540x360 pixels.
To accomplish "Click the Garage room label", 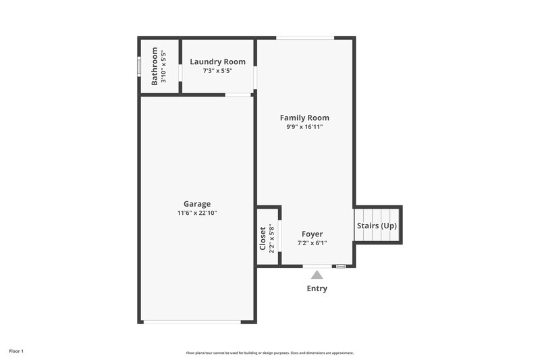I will tap(197, 204).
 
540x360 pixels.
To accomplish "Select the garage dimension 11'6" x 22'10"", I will tap(197, 213).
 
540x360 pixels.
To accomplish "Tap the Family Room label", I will tap(304, 118).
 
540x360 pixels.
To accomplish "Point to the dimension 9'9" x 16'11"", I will tap(304, 127).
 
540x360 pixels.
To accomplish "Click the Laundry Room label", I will tap(217, 61).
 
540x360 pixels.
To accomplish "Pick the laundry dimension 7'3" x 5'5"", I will tap(217, 70).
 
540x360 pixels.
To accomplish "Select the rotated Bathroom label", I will tap(155, 66).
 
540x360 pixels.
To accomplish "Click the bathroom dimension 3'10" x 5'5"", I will tap(164, 66).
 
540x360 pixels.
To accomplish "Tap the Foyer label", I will tap(312, 234).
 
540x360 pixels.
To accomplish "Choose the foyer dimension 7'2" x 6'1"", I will tap(312, 243).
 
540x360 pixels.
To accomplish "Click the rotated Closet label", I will tap(263, 238).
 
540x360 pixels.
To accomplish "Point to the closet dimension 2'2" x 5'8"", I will tap(271, 238).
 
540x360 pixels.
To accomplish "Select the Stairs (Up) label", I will tap(375, 226).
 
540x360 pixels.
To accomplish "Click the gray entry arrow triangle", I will tap(317, 275).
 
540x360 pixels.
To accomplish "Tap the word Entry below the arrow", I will tap(317, 288).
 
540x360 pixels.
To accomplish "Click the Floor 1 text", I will tap(16, 351).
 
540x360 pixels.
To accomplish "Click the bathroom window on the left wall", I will tap(139, 66).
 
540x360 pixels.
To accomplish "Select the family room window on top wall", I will tap(304, 37).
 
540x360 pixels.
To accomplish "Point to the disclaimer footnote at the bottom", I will tap(270, 353).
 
